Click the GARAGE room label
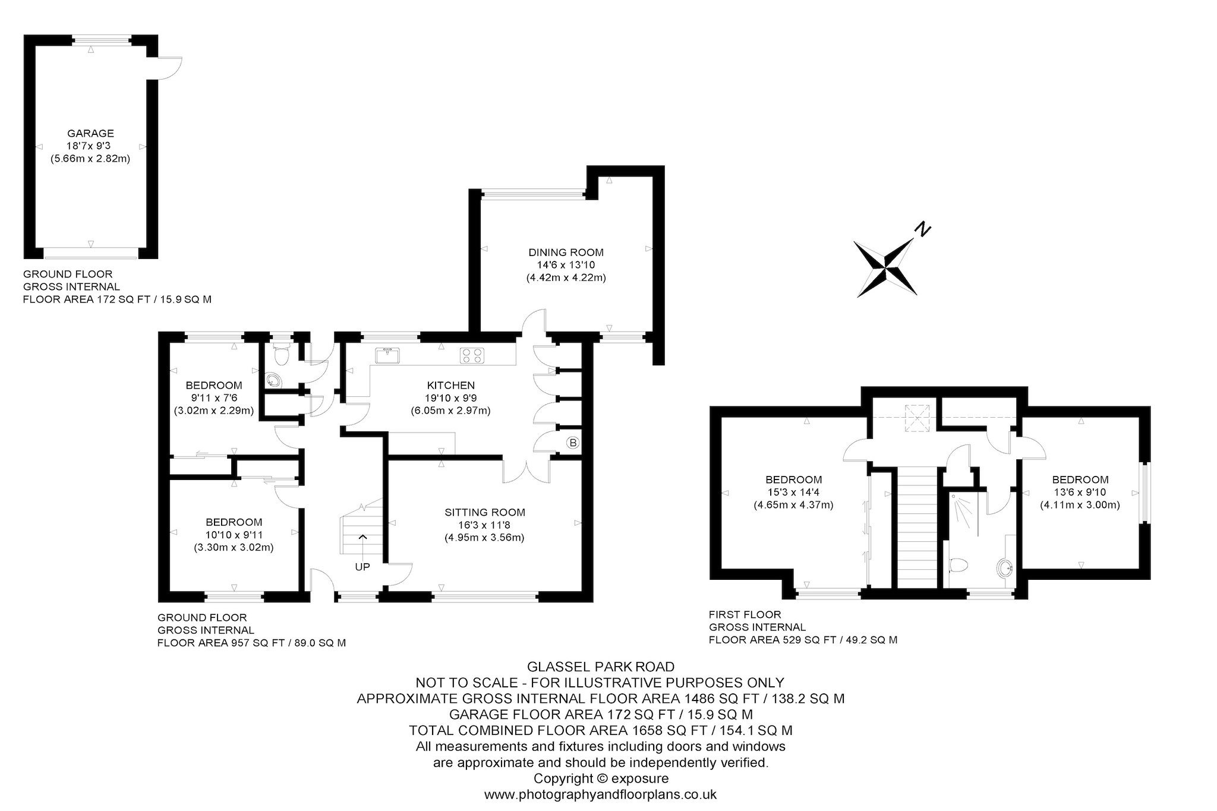pyautogui.click(x=90, y=134)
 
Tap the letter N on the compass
pyautogui.click(x=922, y=229)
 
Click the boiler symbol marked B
pyautogui.click(x=573, y=443)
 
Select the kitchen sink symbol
pyautogui.click(x=387, y=355)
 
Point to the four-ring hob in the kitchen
pyautogui.click(x=472, y=355)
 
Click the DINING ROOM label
pyautogui.click(x=566, y=253)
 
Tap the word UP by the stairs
pyautogui.click(x=362, y=567)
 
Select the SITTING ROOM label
pyautogui.click(x=485, y=512)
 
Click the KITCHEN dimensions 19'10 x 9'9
pyautogui.click(x=450, y=398)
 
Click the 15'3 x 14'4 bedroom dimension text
pyautogui.click(x=793, y=493)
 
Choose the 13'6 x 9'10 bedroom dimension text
pyautogui.click(x=1080, y=493)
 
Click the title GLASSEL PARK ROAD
pyautogui.click(x=601, y=667)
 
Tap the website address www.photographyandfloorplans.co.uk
pyautogui.click(x=601, y=794)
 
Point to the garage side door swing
pyautogui.click(x=169, y=67)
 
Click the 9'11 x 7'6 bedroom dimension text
pyautogui.click(x=214, y=398)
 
